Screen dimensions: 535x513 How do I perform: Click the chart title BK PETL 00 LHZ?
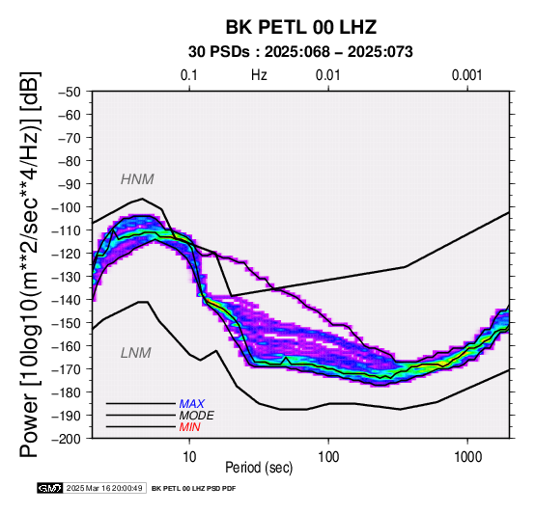pos(301,27)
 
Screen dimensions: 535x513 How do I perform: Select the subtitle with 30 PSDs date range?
pos(300,52)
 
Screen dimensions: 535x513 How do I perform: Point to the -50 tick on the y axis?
pos(70,92)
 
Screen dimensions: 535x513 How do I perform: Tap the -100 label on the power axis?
pos(67,207)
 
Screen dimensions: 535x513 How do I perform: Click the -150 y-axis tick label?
pos(67,323)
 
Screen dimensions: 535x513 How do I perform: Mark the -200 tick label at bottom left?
pos(67,439)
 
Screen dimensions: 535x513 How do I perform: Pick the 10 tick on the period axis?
pos(189,456)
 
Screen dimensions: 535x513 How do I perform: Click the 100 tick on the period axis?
pos(328,456)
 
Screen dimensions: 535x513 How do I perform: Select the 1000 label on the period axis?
pos(467,456)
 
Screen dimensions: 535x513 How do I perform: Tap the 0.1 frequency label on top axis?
pos(189,75)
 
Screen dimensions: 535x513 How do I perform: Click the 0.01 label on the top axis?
pos(328,75)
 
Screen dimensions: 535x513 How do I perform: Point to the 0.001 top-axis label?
pos(467,75)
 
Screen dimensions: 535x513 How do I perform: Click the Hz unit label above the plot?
pos(259,75)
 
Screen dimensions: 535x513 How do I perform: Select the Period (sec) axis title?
pos(259,468)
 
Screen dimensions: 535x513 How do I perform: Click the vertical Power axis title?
pos(30,264)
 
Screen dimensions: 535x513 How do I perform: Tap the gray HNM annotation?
pos(137,179)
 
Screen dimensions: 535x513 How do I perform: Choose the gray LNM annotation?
pos(136,353)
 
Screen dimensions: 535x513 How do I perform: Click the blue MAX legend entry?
pos(192,404)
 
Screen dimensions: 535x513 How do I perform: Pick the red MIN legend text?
pos(189,427)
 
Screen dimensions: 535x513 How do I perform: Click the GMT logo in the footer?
pos(50,488)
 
